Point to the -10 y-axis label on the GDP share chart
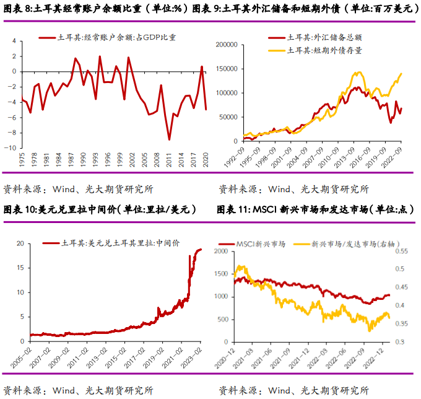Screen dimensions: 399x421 pyautogui.click(x=11, y=148)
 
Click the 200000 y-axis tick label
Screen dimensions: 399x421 pyautogui.click(x=227, y=45)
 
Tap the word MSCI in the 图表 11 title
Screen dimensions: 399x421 pyautogui.click(x=267, y=209)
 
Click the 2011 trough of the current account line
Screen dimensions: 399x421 pyautogui.click(x=170, y=139)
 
